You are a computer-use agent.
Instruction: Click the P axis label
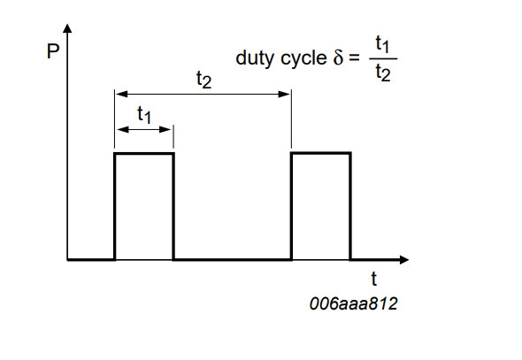tap(53, 51)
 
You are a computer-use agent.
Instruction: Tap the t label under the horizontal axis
tap(374, 279)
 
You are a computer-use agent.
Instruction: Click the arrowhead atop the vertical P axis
tap(67, 28)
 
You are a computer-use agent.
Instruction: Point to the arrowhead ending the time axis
tap(403, 259)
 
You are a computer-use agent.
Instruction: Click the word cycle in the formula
tap(303, 57)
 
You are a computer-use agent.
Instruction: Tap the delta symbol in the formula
tap(338, 57)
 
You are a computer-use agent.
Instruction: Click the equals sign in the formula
tap(354, 57)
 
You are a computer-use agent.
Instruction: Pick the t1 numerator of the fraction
tap(382, 44)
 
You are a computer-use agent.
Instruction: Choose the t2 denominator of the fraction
tap(383, 73)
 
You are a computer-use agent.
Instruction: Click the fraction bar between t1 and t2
tap(383, 58)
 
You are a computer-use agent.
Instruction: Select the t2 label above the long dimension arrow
tap(203, 80)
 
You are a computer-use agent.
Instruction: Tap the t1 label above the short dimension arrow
tap(144, 115)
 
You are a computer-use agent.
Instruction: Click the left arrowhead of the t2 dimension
tap(121, 94)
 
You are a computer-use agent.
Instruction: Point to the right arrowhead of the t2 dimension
tap(284, 94)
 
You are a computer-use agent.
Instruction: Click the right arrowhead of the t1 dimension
tap(165, 129)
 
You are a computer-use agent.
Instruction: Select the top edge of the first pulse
tap(144, 153)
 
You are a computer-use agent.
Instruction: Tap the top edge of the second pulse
tap(321, 153)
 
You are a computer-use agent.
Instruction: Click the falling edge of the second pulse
tap(350, 206)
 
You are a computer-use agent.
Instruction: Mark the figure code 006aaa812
tap(354, 303)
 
